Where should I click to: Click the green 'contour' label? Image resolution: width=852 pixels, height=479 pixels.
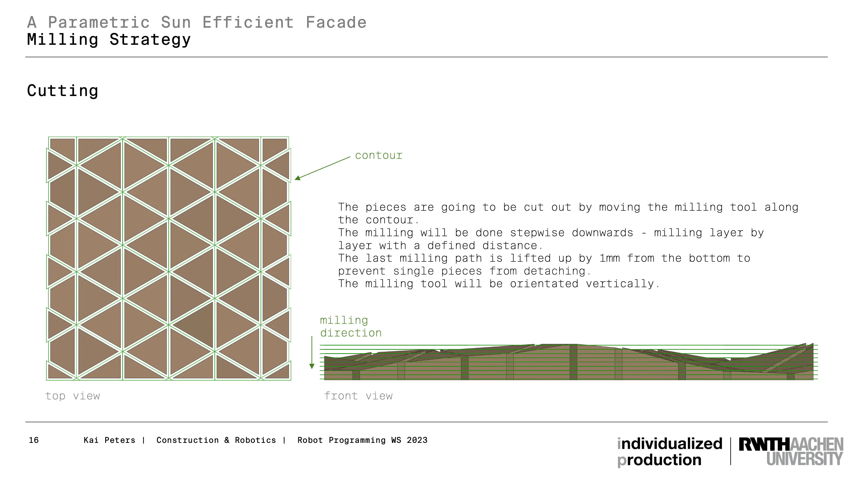pos(379,155)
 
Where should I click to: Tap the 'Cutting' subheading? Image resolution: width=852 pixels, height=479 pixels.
pos(63,91)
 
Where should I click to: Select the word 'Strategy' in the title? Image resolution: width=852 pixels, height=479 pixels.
pos(150,40)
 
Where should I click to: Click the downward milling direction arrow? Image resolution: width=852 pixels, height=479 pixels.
pos(312,352)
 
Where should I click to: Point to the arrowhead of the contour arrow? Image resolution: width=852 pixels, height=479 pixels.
pos(295,179)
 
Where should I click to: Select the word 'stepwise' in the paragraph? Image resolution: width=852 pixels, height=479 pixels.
pos(537,232)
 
